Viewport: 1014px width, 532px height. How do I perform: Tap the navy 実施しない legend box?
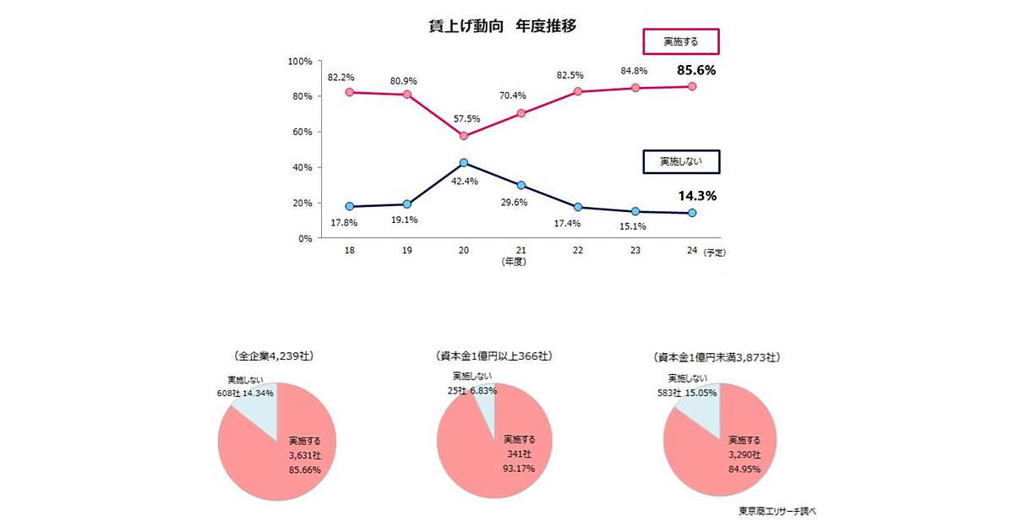tap(680, 161)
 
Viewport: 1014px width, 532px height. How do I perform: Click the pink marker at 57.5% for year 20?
tap(464, 136)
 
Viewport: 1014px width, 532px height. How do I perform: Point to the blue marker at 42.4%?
tap(464, 162)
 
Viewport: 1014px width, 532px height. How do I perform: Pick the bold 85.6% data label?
tap(696, 70)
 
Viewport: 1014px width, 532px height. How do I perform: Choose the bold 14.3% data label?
tap(697, 196)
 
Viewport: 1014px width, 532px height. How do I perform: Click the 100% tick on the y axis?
tap(300, 61)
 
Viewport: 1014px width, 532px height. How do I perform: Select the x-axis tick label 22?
tap(578, 252)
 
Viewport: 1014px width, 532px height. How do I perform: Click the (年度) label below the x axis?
tap(514, 263)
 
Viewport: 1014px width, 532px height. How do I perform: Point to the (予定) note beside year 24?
tap(715, 252)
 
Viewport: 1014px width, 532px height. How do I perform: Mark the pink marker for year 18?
tap(349, 92)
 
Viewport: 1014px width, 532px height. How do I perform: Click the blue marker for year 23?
tap(635, 211)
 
